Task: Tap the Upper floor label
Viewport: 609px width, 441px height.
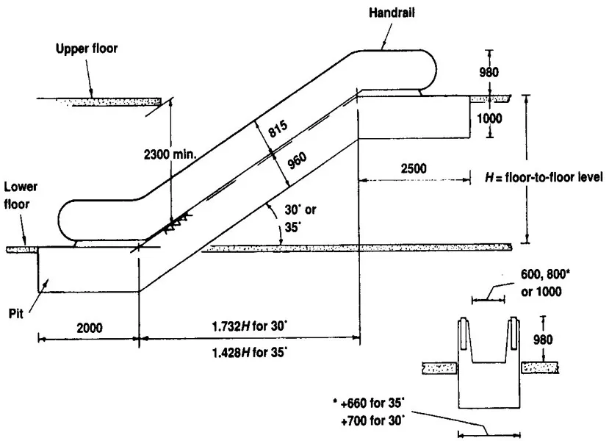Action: (x=87, y=49)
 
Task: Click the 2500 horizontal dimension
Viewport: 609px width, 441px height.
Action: (x=414, y=168)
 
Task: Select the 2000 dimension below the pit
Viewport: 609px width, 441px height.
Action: (x=87, y=326)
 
